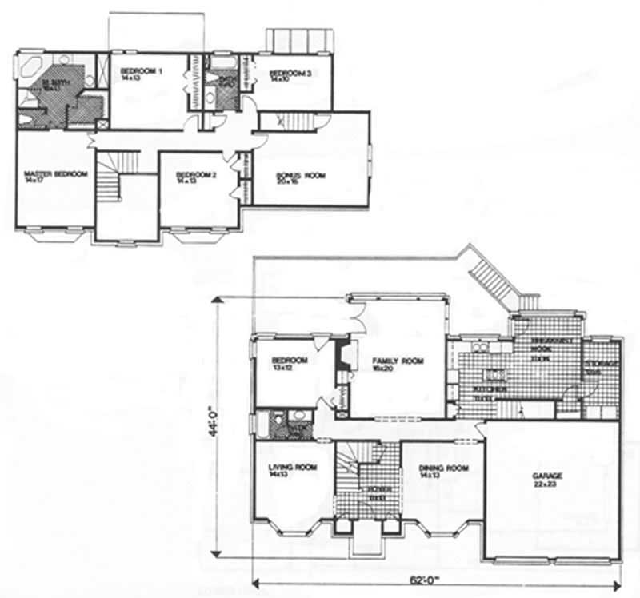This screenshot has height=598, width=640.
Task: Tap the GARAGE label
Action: pyautogui.click(x=549, y=476)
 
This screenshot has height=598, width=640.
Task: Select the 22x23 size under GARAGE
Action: pyautogui.click(x=549, y=484)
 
